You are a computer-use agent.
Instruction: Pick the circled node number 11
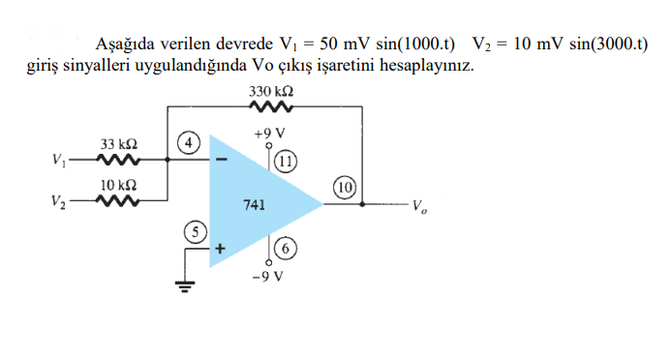click(x=286, y=160)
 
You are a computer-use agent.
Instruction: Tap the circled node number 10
click(x=346, y=186)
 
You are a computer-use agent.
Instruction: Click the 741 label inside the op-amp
click(x=254, y=205)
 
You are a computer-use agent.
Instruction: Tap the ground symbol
click(x=185, y=285)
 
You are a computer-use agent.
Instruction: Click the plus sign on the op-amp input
click(x=221, y=248)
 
